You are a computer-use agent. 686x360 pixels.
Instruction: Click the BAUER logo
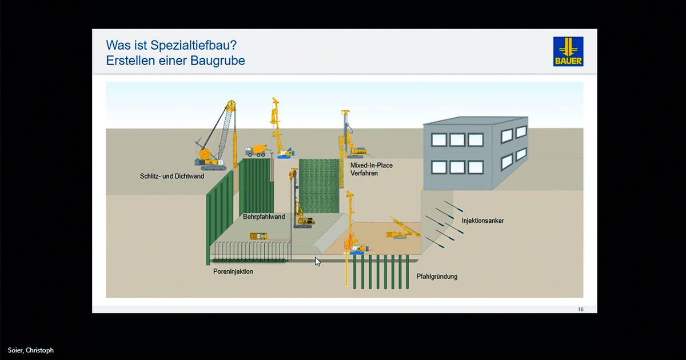tap(568, 51)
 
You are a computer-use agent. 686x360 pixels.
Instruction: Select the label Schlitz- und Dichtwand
tap(172, 176)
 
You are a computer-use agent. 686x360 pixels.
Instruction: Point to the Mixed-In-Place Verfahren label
tap(372, 169)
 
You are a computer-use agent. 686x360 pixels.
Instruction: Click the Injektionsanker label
tap(482, 221)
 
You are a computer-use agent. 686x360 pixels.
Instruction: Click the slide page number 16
tap(581, 309)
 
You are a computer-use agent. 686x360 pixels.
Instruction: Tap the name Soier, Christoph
tap(31, 350)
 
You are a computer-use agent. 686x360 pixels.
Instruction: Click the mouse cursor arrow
tap(318, 262)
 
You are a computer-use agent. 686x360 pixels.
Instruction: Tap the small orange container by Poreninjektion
tap(259, 236)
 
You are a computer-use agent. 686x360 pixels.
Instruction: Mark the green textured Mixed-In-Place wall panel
tap(320, 184)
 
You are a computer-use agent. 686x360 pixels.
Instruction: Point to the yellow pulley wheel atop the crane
tap(230, 105)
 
